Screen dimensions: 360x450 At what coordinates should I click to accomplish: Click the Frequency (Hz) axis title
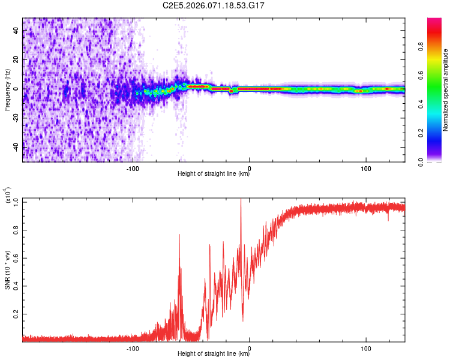[x=8, y=89]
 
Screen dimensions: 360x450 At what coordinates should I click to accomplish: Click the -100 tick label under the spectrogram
[x=133, y=168]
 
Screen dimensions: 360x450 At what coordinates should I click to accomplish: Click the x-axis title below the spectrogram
[x=214, y=174]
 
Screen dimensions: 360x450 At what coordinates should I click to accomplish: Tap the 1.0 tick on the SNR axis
[x=17, y=202]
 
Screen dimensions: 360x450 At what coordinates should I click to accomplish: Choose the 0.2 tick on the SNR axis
[x=17, y=314]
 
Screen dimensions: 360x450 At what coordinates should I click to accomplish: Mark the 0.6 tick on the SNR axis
[x=17, y=258]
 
